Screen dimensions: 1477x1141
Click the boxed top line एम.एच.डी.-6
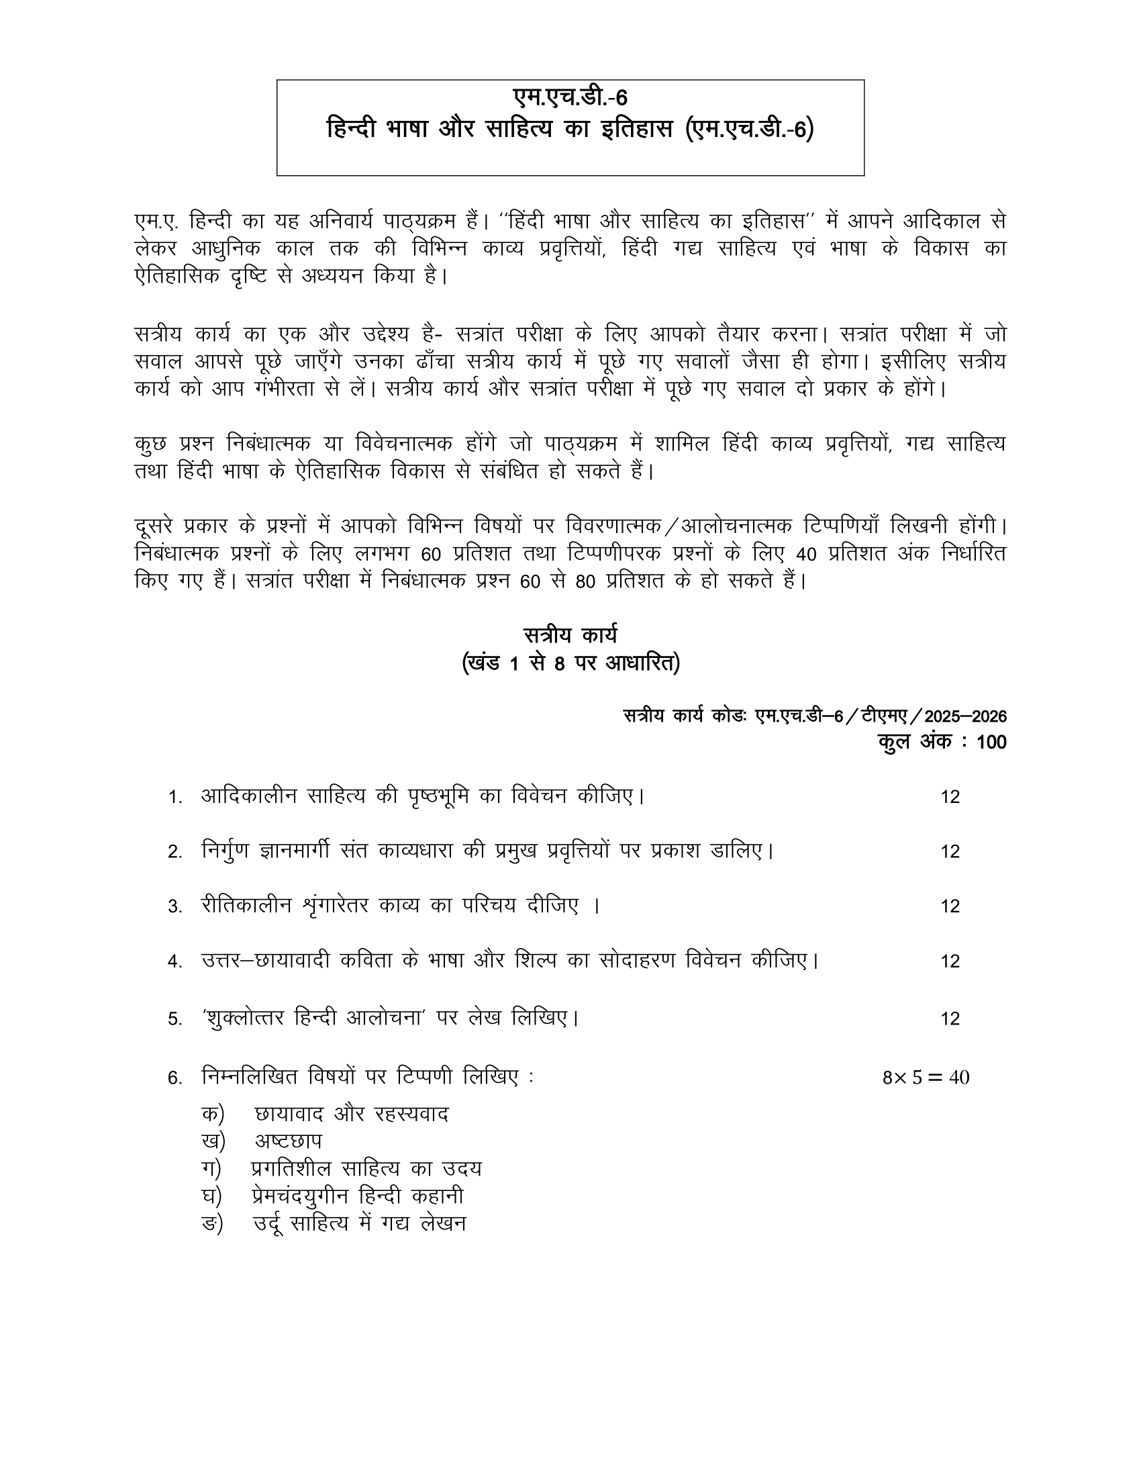[x=570, y=98]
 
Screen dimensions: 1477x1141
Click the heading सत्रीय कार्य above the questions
[x=570, y=636]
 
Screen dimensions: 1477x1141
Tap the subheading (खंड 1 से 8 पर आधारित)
[x=570, y=663]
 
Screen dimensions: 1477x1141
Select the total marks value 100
[x=991, y=742]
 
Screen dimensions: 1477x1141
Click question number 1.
[x=175, y=798]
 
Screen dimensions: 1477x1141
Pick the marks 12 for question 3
[x=950, y=906]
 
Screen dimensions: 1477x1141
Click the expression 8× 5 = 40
[x=926, y=1078]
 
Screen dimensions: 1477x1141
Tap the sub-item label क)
[x=212, y=1114]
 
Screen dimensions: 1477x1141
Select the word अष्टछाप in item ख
[x=288, y=1141]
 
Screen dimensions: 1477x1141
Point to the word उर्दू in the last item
[x=273, y=1224]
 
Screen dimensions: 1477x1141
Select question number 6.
[x=175, y=1078]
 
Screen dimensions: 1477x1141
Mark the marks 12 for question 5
[x=950, y=1019]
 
